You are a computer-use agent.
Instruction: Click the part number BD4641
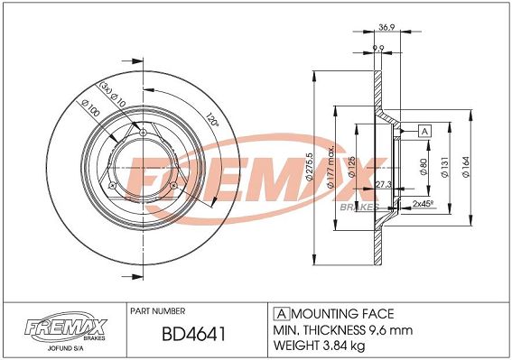[193, 334]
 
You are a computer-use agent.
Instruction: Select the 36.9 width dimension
[386, 27]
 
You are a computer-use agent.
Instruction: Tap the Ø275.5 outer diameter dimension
[310, 167]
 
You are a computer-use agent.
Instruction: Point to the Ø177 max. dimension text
[330, 166]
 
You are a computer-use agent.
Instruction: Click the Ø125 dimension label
[351, 167]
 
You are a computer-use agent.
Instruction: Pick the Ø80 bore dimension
[424, 167]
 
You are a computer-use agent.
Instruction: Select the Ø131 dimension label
[445, 167]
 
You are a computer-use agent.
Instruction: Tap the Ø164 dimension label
[466, 167]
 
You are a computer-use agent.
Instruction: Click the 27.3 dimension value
[384, 184]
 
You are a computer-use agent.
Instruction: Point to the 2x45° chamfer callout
[423, 204]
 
